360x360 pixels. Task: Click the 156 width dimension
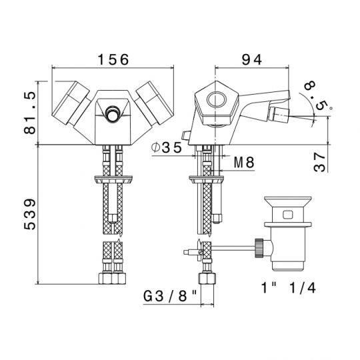pyautogui.click(x=113, y=60)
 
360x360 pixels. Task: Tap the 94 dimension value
pyautogui.click(x=252, y=60)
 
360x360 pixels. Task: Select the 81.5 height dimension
pyautogui.click(x=30, y=113)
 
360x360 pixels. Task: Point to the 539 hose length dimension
pyautogui.click(x=30, y=214)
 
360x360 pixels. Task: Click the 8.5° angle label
pyautogui.click(x=317, y=96)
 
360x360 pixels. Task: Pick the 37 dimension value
pyautogui.click(x=319, y=163)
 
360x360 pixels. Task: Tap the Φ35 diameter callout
pyautogui.click(x=167, y=147)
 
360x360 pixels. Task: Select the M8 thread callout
pyautogui.click(x=244, y=163)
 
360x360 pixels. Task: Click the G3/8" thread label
pyautogui.click(x=170, y=296)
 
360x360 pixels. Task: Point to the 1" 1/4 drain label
pyautogui.click(x=289, y=287)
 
